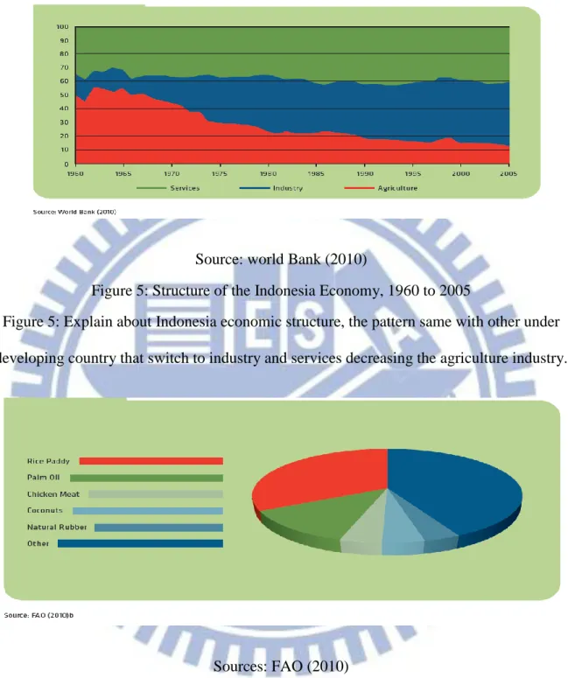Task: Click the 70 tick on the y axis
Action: point(64,67)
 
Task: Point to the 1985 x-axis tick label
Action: point(316,173)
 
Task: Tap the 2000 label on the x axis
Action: point(460,173)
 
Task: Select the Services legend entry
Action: point(168,188)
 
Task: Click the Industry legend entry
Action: point(271,188)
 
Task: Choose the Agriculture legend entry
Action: point(381,188)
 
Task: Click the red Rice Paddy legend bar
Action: point(151,461)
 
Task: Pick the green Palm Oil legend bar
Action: point(147,478)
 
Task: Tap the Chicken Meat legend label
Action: point(53,494)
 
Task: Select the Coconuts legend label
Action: point(45,511)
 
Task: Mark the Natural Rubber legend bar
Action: point(158,528)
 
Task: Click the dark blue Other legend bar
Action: point(141,543)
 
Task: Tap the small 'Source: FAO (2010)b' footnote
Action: point(39,615)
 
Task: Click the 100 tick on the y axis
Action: point(63,27)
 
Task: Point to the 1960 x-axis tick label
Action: point(76,173)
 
